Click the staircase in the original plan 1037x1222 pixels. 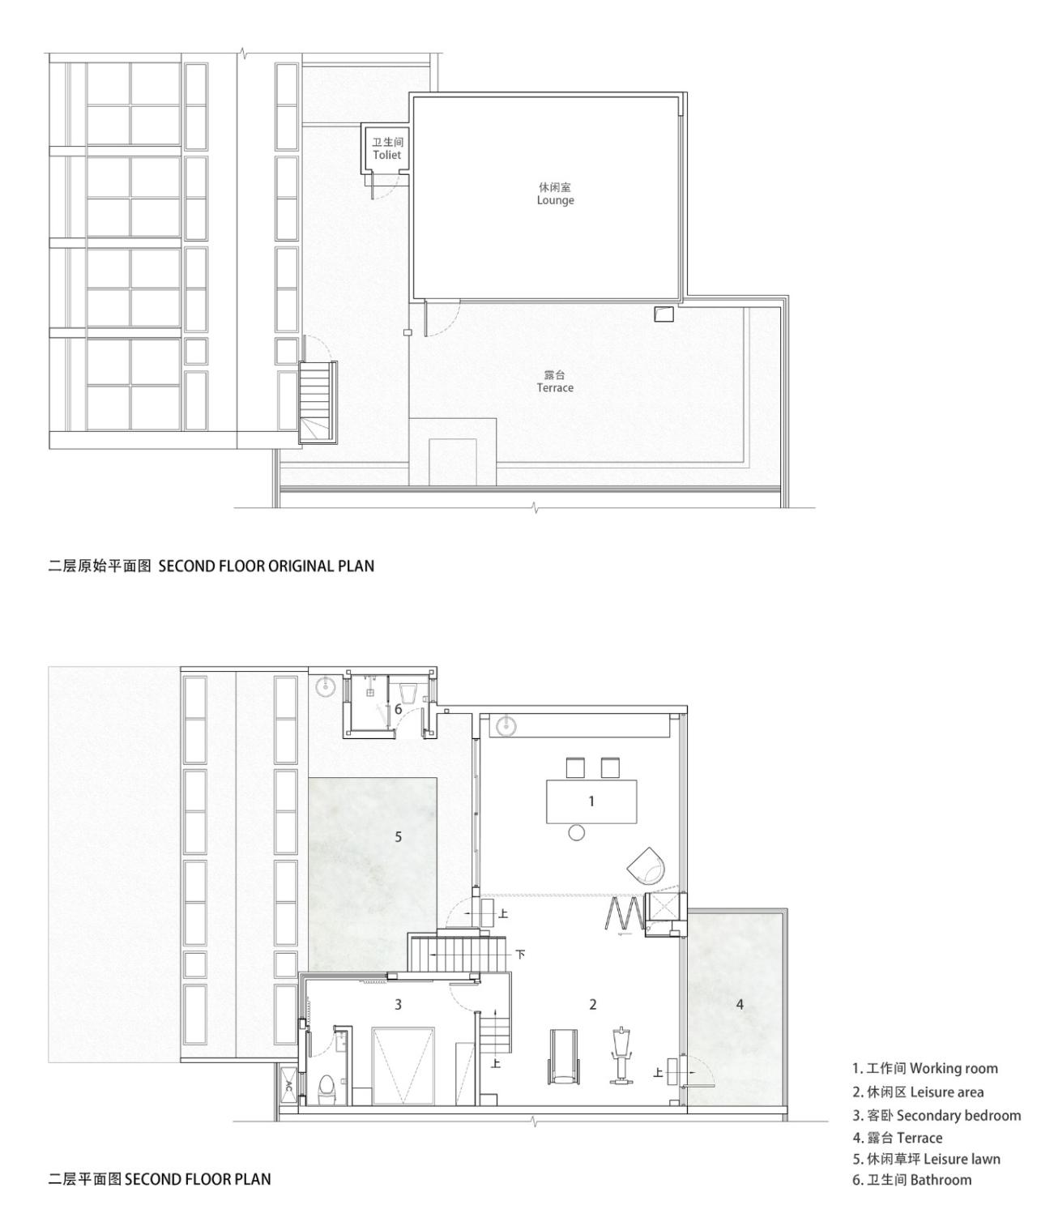click(x=317, y=401)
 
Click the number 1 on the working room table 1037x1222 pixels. click(x=591, y=801)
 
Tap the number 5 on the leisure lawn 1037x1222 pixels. click(x=398, y=836)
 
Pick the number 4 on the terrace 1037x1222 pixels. click(x=740, y=1004)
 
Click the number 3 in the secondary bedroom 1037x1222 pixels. click(x=398, y=1004)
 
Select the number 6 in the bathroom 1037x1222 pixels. click(x=398, y=709)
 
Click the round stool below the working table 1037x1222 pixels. click(x=576, y=832)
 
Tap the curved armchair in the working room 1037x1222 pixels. click(x=647, y=865)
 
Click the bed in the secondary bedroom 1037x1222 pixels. click(x=403, y=1063)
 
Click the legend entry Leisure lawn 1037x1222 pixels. click(x=926, y=1159)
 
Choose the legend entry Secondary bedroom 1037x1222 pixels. click(x=937, y=1115)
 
